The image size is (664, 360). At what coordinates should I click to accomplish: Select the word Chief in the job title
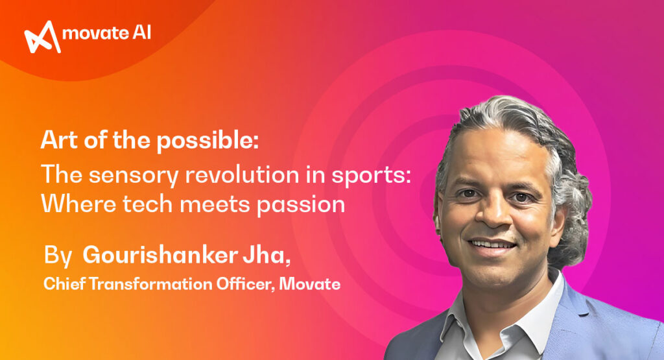click(x=62, y=283)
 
